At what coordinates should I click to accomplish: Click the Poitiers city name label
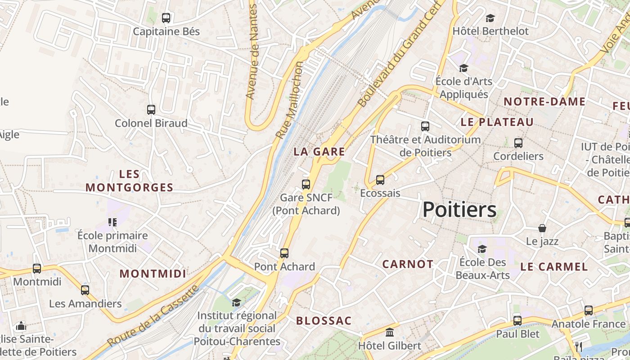tap(459, 210)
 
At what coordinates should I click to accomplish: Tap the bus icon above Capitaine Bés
tap(166, 18)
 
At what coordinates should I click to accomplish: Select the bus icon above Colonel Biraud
tap(151, 109)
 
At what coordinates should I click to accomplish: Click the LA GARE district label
tap(319, 152)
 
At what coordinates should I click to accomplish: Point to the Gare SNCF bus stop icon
tap(306, 184)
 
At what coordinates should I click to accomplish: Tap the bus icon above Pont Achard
tap(284, 253)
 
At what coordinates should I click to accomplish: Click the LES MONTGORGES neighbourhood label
tap(130, 181)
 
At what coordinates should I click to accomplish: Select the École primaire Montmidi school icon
tap(112, 222)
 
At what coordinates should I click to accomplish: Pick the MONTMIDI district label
tap(153, 274)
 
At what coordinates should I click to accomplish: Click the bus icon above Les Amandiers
tap(85, 290)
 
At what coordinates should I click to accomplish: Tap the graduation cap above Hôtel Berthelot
tap(490, 18)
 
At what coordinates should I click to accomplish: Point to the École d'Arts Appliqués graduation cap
tap(463, 68)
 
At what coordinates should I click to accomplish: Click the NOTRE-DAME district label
tap(544, 102)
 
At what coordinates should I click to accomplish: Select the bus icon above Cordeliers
tap(518, 143)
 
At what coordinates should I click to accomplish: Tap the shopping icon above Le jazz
tap(542, 228)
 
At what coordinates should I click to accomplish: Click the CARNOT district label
tap(408, 264)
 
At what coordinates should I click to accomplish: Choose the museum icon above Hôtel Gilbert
tap(390, 333)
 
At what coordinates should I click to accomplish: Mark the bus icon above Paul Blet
tap(517, 320)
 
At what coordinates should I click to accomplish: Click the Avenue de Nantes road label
tap(252, 52)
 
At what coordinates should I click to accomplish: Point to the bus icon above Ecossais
tap(380, 180)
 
